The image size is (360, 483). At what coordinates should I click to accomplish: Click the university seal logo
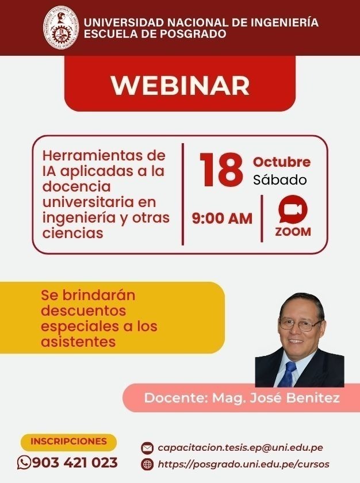[60, 28]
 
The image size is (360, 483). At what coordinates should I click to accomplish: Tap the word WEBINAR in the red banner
[180, 85]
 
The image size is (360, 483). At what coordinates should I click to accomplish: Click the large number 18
[221, 170]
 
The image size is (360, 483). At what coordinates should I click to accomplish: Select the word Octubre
[282, 162]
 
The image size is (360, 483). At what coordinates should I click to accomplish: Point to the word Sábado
[280, 179]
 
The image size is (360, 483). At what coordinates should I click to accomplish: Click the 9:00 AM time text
[222, 218]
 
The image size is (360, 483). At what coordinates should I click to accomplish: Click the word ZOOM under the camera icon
[293, 232]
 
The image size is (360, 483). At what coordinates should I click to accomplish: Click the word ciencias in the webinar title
[72, 233]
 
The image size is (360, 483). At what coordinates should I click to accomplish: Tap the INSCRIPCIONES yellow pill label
[68, 441]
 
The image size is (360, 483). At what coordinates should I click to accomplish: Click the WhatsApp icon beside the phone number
[24, 462]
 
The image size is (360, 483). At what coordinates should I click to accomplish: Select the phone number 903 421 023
[75, 463]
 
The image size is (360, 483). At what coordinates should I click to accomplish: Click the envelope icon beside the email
[147, 448]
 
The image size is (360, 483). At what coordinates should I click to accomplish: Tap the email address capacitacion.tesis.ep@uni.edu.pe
[240, 447]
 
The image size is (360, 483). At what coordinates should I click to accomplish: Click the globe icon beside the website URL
[147, 464]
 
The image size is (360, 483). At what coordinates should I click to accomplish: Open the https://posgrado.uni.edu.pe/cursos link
[243, 464]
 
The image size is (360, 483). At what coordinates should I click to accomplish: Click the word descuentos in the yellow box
[83, 310]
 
